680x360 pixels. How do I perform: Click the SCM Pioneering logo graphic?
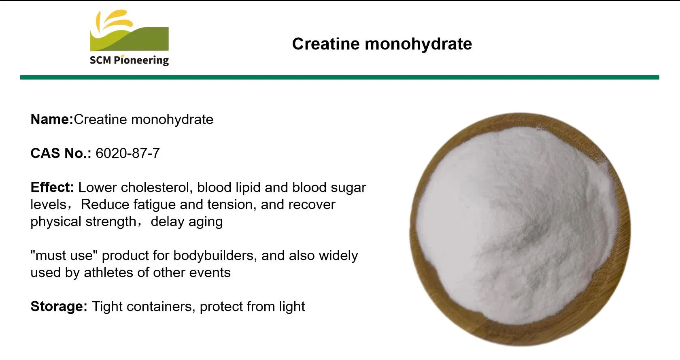pyautogui.click(x=129, y=30)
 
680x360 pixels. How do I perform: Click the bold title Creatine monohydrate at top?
pyautogui.click(x=382, y=44)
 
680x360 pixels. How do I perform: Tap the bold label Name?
pyautogui.click(x=52, y=119)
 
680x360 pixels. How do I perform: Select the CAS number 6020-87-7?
pyautogui.click(x=127, y=153)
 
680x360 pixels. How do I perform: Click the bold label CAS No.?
pyautogui.click(x=61, y=153)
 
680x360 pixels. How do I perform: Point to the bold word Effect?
pyautogui.click(x=52, y=187)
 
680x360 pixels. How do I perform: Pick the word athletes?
pyautogui.click(x=108, y=273)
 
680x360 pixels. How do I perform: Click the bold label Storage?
pyautogui.click(x=59, y=307)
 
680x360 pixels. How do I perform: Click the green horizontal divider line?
pyautogui.click(x=340, y=77)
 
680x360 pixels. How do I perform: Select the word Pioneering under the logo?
pyautogui.click(x=141, y=60)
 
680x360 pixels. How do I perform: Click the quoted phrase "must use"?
pyautogui.click(x=64, y=256)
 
